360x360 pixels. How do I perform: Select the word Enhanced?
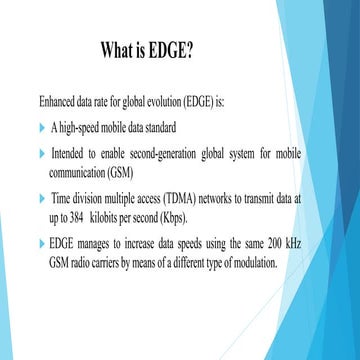click(x=54, y=101)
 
